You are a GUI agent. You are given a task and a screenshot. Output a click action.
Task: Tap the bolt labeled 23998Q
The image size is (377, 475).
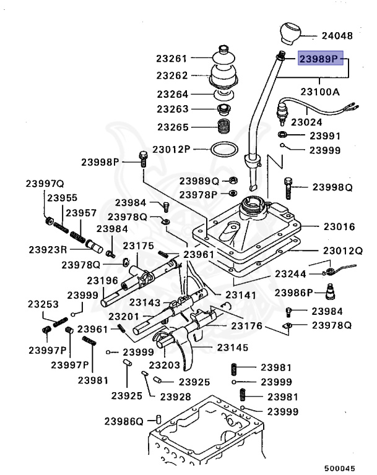288,186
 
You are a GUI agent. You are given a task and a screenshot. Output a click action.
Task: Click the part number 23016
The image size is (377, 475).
338,227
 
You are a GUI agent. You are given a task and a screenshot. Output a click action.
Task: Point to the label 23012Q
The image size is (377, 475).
342,251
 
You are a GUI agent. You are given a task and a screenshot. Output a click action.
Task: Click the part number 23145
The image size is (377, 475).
233,348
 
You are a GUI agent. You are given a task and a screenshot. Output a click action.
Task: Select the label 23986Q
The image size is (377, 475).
123,421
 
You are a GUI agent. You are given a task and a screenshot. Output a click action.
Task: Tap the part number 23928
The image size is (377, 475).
176,396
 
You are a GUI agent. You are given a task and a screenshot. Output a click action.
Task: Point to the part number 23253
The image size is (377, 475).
43,304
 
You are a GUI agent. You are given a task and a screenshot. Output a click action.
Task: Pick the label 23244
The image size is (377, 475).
291,273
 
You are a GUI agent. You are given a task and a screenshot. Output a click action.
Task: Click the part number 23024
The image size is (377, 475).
307,122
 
